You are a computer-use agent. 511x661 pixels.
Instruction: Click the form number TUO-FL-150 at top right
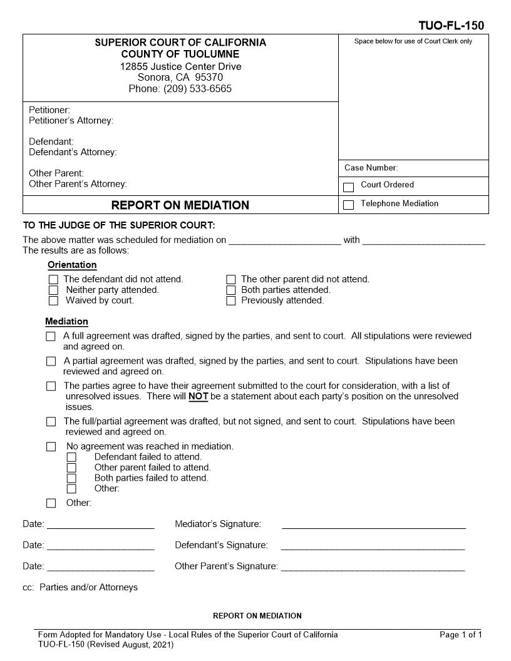(x=451, y=26)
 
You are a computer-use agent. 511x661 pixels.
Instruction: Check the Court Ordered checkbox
(x=349, y=187)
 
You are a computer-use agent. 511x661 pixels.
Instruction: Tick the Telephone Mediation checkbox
(x=349, y=205)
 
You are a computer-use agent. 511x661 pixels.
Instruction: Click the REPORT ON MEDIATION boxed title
(x=180, y=205)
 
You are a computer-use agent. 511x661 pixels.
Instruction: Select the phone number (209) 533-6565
(x=197, y=89)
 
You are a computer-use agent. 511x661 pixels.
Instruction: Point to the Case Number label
(x=371, y=168)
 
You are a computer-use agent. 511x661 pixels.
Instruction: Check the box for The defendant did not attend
(x=53, y=280)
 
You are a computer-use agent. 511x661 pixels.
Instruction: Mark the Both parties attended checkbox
(x=231, y=290)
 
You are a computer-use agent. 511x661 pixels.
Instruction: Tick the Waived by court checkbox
(x=53, y=301)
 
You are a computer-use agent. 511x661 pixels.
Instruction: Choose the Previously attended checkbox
(x=231, y=301)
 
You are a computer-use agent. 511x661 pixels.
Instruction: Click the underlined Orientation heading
(x=72, y=265)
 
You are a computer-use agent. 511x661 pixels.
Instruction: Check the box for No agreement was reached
(x=51, y=447)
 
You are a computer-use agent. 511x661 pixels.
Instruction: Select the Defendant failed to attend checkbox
(x=71, y=458)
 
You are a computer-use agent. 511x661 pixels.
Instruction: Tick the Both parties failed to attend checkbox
(x=71, y=478)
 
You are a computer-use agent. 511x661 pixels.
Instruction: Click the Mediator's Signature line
(x=373, y=527)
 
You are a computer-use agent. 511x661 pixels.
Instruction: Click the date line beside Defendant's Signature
(x=100, y=548)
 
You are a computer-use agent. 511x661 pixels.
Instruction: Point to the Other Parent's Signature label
(x=226, y=566)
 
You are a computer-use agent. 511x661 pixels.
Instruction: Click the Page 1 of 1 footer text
(x=461, y=635)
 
